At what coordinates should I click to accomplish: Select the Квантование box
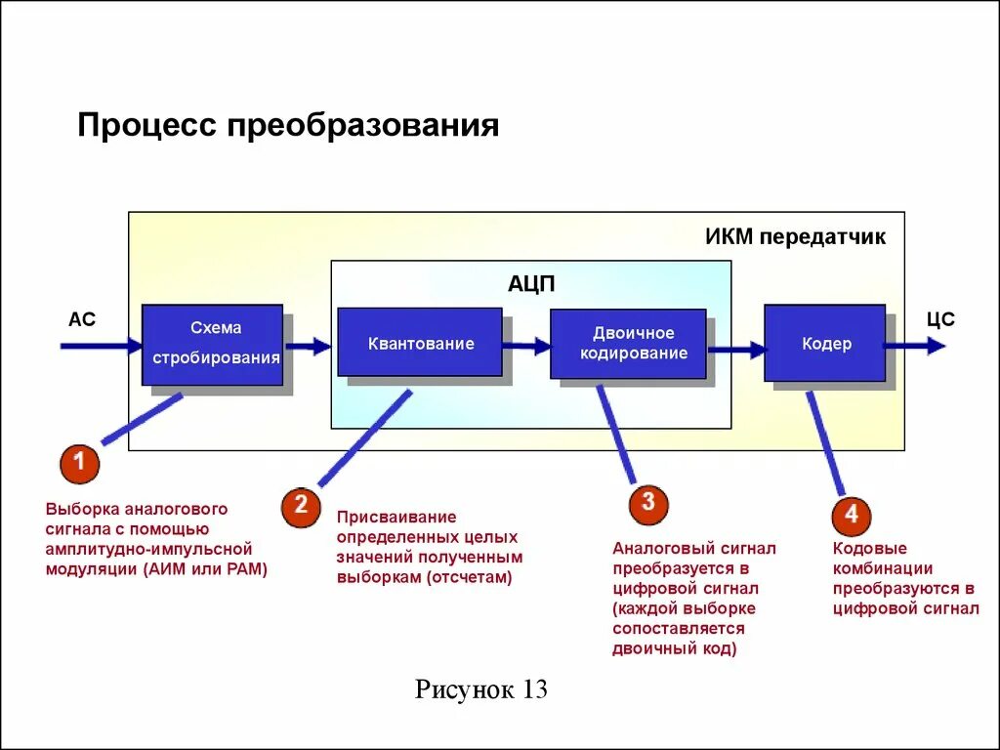420,343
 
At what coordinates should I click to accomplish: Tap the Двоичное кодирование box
627,344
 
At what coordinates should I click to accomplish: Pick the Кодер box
825,344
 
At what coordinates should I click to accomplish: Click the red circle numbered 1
79,463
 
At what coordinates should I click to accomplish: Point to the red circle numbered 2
301,505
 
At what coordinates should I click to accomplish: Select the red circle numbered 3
648,505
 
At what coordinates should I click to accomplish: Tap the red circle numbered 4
851,516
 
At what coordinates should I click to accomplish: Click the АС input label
82,319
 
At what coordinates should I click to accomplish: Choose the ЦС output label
939,319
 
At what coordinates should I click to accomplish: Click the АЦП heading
531,284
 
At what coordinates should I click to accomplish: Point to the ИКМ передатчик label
795,237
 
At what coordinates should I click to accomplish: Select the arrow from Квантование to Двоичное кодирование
527,345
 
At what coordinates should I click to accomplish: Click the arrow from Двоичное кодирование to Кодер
735,348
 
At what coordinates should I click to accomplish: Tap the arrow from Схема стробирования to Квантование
309,345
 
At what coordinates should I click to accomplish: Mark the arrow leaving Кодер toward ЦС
916,346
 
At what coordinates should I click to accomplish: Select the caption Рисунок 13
481,689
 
